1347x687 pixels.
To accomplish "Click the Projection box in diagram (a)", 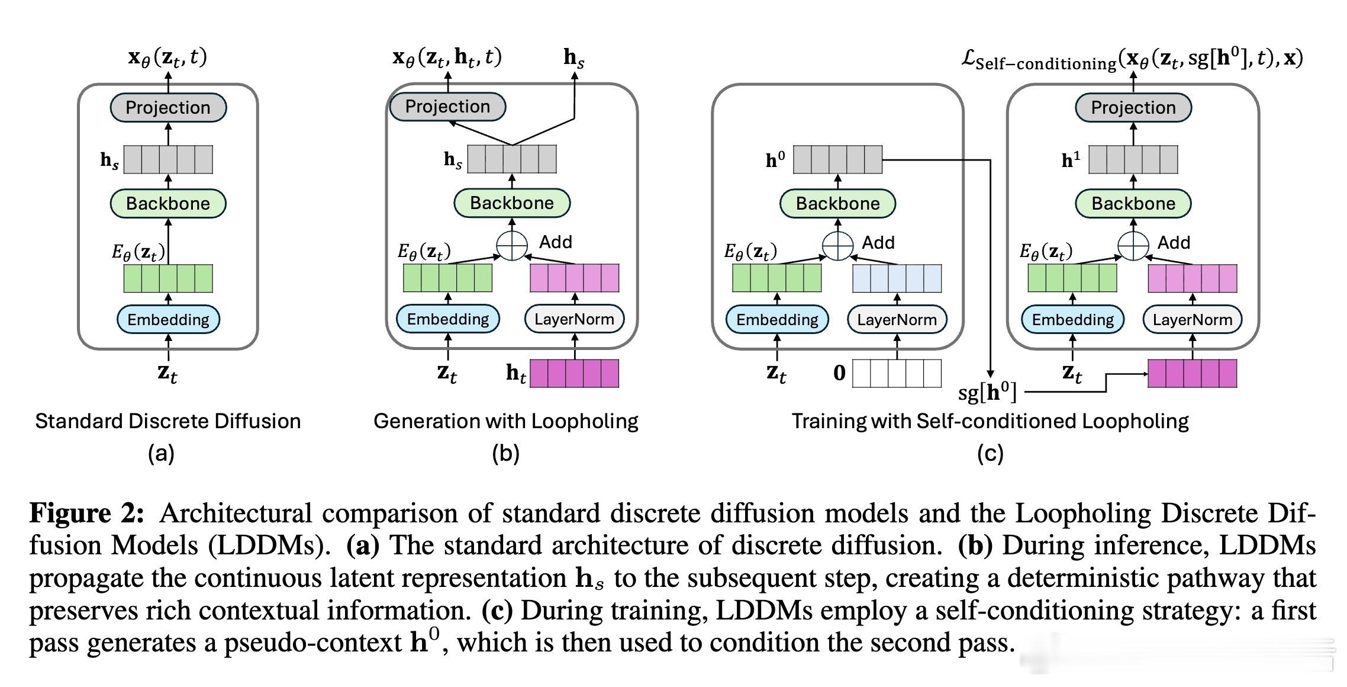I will click(168, 107).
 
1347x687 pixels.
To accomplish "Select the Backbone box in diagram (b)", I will click(512, 203).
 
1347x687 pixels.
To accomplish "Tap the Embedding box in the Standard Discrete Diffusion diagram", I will click(168, 320).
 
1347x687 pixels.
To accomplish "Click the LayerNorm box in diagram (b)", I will click(574, 319).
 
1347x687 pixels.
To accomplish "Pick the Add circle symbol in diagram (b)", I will click(511, 245).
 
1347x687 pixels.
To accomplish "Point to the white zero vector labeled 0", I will click(897, 373).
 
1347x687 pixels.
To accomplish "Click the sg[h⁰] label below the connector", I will click(987, 391).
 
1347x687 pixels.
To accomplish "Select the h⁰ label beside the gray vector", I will click(775, 160).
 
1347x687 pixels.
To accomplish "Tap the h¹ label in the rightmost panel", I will click(1071, 160).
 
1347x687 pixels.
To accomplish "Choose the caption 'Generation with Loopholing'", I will click(506, 421).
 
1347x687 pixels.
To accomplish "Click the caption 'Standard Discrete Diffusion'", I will click(168, 421).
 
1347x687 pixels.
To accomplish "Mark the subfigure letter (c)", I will click(990, 454).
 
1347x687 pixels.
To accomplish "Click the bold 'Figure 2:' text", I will click(86, 513).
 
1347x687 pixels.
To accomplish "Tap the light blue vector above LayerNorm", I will click(897, 278).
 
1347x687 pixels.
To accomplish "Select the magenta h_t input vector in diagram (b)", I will click(574, 374).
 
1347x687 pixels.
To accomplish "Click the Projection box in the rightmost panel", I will click(1133, 107).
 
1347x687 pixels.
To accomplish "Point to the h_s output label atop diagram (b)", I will click(573, 58).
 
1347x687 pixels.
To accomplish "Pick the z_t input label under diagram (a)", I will click(167, 374).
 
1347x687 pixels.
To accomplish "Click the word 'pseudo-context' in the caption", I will click(313, 643).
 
